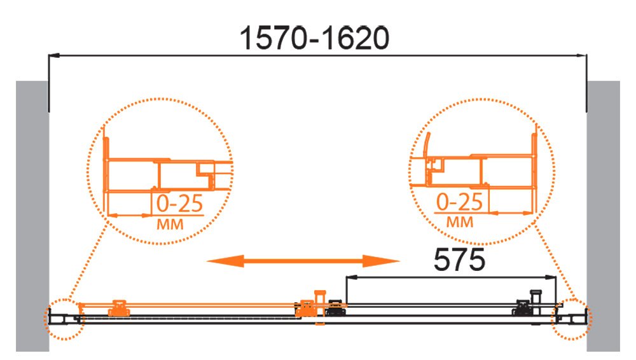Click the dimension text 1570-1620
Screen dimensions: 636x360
coord(314,38)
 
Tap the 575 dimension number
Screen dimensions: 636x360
coord(459,260)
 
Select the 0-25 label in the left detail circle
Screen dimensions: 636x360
coord(179,204)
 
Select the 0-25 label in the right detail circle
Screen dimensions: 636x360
coord(460,202)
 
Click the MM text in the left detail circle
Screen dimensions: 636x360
coord(170,224)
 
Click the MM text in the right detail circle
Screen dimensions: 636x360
coord(460,222)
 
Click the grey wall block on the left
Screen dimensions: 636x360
coord(32,216)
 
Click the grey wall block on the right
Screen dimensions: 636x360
coord(603,216)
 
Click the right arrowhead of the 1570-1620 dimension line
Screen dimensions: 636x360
coord(581,55)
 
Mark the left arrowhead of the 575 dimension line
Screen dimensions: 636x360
coord(351,277)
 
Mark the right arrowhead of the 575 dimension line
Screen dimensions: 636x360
coord(551,277)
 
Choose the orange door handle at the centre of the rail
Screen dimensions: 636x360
coord(320,307)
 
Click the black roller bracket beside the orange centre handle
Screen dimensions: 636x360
coord(336,308)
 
